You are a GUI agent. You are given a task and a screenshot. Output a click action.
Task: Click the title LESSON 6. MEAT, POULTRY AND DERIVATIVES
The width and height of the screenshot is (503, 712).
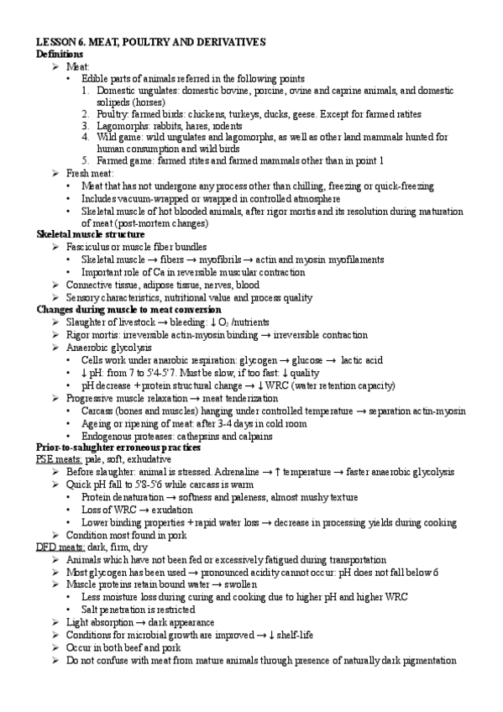click(151, 41)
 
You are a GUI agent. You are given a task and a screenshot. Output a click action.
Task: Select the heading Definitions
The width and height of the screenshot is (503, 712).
click(60, 54)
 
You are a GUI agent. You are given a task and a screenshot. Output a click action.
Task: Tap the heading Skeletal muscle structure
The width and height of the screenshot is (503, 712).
click(90, 234)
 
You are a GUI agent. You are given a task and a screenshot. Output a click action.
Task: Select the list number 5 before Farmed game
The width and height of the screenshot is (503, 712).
click(86, 160)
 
